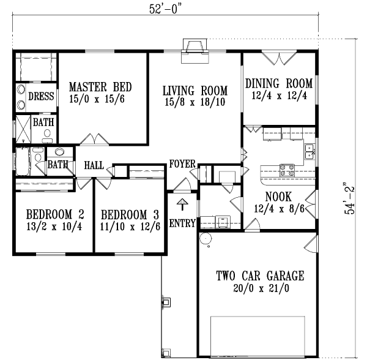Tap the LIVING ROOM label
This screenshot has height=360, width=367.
click(x=195, y=91)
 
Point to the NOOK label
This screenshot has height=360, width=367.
click(x=278, y=197)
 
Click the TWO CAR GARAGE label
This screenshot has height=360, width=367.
click(x=259, y=276)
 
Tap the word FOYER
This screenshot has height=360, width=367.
click(x=182, y=164)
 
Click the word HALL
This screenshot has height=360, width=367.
click(x=94, y=165)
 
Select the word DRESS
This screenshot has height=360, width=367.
click(x=42, y=97)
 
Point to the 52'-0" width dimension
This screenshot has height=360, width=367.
click(x=166, y=9)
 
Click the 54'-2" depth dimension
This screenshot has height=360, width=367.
click(x=349, y=198)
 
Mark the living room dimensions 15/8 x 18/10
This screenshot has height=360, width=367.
click(x=195, y=102)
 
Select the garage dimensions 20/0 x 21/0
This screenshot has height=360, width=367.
click(x=259, y=288)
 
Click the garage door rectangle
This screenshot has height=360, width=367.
click(x=258, y=336)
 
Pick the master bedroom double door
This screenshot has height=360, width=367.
click(x=90, y=139)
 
